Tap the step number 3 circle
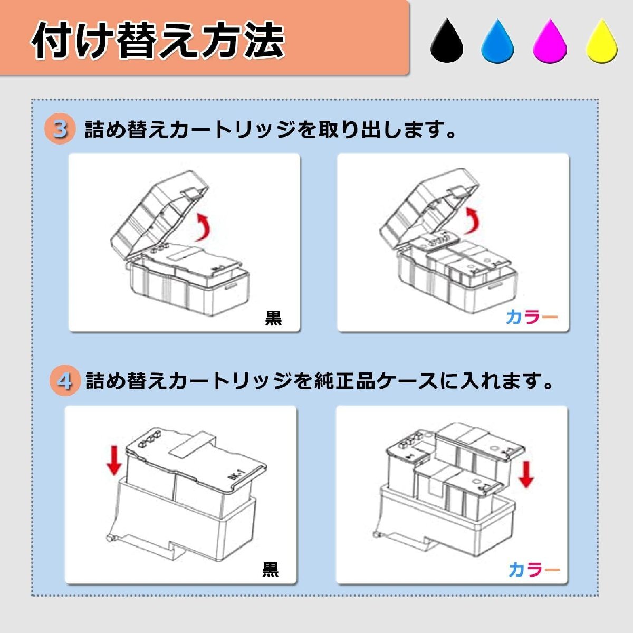(60, 129)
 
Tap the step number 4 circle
(65, 381)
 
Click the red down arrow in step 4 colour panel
(526, 475)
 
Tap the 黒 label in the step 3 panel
(273, 318)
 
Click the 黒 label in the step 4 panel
(270, 569)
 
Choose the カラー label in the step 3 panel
(532, 316)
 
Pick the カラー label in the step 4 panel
(534, 569)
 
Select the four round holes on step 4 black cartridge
(149, 440)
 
